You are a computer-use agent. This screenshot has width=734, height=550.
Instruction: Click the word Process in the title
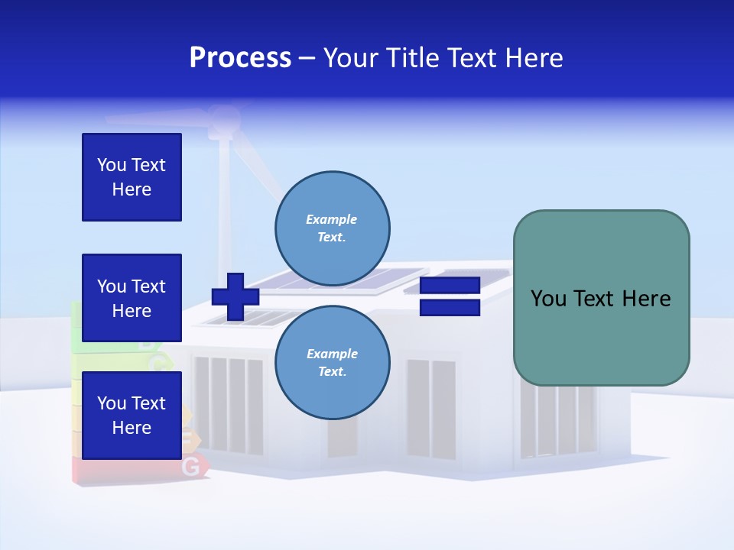[x=240, y=58]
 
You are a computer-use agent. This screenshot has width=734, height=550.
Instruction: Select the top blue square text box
[x=132, y=177]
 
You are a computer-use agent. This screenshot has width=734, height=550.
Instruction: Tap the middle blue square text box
[x=132, y=298]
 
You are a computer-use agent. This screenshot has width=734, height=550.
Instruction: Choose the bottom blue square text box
[x=132, y=415]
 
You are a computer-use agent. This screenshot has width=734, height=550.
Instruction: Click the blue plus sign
[x=235, y=297]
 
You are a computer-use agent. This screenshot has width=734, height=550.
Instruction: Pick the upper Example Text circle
[x=332, y=228]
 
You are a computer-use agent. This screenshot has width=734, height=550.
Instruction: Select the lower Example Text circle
[x=332, y=362]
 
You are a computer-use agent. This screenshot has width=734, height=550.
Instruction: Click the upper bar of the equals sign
[x=450, y=286]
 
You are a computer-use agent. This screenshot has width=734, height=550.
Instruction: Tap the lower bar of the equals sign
[x=450, y=308]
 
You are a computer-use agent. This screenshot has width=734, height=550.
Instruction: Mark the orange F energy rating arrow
[x=189, y=438]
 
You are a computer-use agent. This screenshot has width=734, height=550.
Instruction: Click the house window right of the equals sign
[x=430, y=397]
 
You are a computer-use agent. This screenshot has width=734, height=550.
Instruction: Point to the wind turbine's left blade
[x=153, y=119]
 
